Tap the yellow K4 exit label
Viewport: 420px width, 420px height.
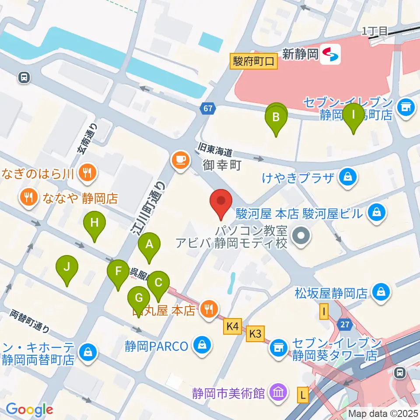coord(232,326)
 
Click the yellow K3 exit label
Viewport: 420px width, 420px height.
coord(255,334)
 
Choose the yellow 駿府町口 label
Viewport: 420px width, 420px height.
coord(254,61)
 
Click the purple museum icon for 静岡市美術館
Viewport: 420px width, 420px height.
coord(278,390)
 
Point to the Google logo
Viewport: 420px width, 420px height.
coord(29,409)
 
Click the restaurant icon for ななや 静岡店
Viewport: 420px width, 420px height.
coord(29,198)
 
